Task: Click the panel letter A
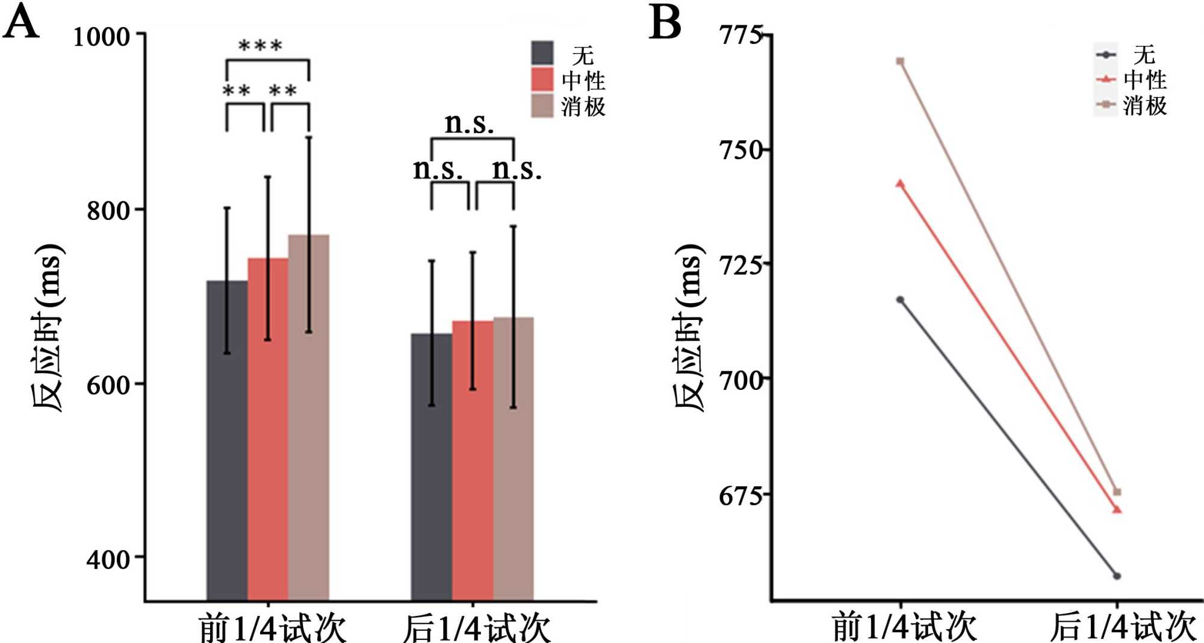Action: tap(21, 23)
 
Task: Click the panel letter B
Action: tap(665, 23)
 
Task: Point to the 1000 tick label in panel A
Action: tap(101, 37)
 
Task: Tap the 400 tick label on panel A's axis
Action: tap(108, 559)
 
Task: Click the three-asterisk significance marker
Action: tap(261, 46)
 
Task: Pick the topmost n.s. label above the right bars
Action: tap(469, 124)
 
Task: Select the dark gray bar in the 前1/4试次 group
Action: tap(227, 440)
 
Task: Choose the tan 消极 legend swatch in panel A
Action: tap(542, 105)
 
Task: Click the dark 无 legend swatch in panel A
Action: tap(542, 53)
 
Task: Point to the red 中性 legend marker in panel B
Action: tap(1106, 79)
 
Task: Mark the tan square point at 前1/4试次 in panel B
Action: tap(900, 61)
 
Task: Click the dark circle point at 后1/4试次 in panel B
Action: tap(1117, 576)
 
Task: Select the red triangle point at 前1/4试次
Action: tap(900, 184)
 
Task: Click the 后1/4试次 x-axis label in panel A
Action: tap(476, 628)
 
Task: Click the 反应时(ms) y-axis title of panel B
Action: tap(688, 328)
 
